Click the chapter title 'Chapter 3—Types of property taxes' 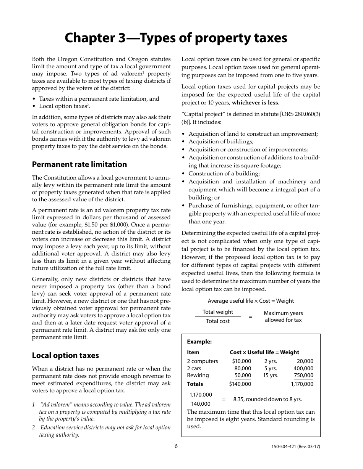(176, 38)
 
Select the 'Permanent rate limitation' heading (79, 164)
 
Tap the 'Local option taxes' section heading (65, 355)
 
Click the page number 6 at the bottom (176, 446)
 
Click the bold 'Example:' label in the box (199, 342)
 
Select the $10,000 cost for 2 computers (241, 361)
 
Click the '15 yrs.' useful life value (271, 375)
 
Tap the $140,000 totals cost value (240, 384)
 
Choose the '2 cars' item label (194, 368)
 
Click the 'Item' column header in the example (193, 352)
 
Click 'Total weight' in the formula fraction (218, 312)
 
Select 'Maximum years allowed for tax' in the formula (283, 316)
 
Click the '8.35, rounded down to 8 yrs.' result (267, 399)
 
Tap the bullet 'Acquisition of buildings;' (221, 141)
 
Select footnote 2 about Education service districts (101, 431)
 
